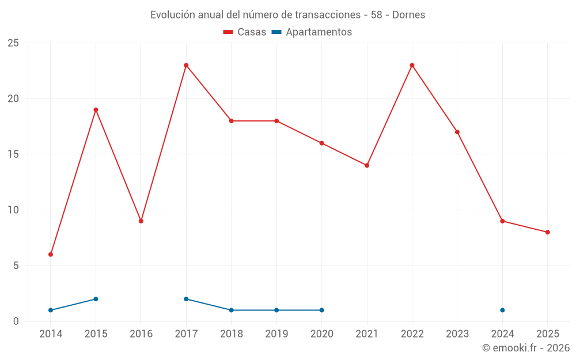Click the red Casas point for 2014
[x=51, y=254]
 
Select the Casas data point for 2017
[x=186, y=65]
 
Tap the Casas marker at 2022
[x=412, y=65]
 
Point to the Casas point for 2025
[x=548, y=232]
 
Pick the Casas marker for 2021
[x=367, y=165]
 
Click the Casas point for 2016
[x=141, y=221]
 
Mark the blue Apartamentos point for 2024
[x=502, y=310]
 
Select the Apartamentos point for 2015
[x=96, y=299]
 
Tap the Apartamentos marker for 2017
[x=186, y=299]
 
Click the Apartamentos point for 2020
[x=321, y=310]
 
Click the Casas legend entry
[x=245, y=32]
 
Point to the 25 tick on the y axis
[x=13, y=43]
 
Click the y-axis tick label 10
[x=13, y=210]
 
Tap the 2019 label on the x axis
[x=276, y=334]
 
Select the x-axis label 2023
[x=457, y=334]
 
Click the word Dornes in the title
[x=408, y=15]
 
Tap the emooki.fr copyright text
[x=526, y=348]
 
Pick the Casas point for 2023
[x=457, y=132]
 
